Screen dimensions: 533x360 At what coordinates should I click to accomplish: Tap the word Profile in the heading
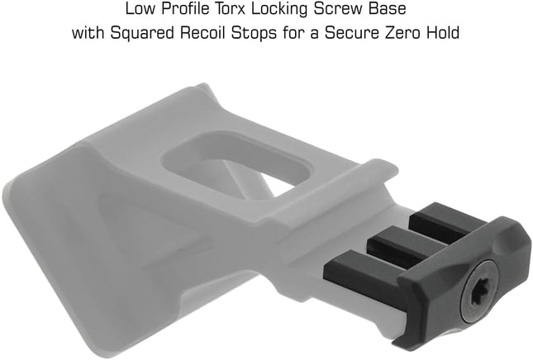click(185, 9)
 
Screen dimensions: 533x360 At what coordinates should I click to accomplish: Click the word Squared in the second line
click(141, 34)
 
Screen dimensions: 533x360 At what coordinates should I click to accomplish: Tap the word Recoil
click(202, 33)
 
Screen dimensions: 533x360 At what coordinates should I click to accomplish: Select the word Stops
click(255, 34)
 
